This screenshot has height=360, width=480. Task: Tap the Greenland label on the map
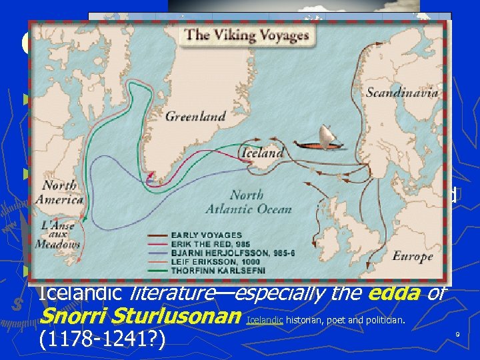pyautogui.click(x=195, y=116)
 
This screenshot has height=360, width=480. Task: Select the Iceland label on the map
pyautogui.click(x=262, y=153)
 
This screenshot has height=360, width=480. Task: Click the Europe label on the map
pyautogui.click(x=412, y=257)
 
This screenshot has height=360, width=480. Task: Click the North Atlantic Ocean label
pyautogui.click(x=261, y=202)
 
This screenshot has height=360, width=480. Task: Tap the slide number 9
pyautogui.click(x=457, y=333)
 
